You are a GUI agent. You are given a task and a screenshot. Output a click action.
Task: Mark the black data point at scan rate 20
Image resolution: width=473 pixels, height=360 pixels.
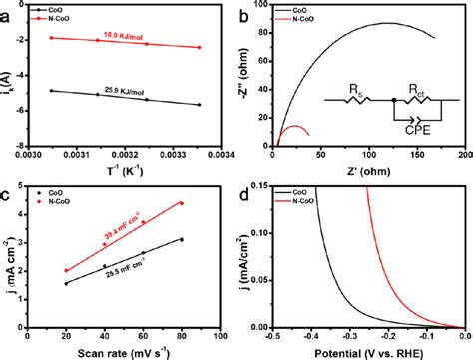(x=67, y=283)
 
